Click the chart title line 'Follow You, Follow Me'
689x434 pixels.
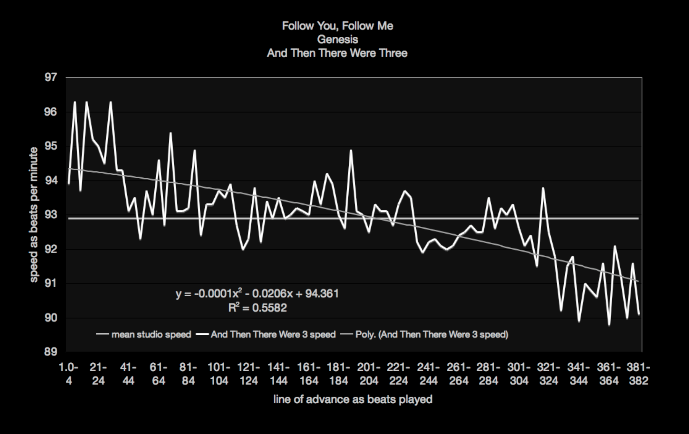[337, 26]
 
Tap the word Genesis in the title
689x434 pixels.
[337, 39]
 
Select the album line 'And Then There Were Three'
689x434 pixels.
[337, 53]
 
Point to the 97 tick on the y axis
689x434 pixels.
[51, 77]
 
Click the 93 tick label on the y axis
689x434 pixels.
[51, 215]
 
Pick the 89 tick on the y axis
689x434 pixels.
[51, 352]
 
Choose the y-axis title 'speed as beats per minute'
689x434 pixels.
[34, 215]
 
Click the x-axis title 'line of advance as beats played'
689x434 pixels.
[353, 399]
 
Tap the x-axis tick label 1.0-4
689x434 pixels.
[69, 374]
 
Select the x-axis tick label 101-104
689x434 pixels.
[219, 374]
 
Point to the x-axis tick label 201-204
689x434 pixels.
[369, 374]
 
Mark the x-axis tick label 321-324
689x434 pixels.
[548, 374]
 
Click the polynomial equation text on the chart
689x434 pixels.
[257, 294]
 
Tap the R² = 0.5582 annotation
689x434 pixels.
[257, 308]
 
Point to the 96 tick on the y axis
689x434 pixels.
[51, 112]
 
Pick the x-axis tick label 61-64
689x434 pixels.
[159, 374]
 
